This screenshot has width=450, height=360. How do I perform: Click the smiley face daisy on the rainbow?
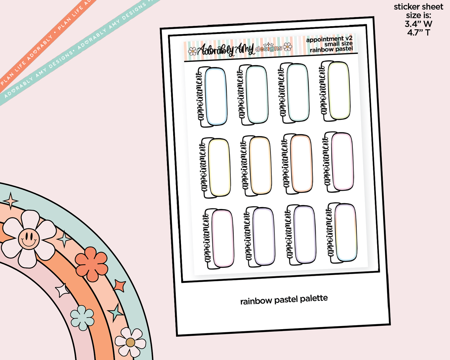click(x=29, y=239)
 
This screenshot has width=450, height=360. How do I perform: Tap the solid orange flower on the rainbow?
click(x=91, y=264)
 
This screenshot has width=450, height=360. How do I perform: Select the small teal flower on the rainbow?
click(x=82, y=318)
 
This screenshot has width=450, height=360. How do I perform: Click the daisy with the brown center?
click(x=130, y=342)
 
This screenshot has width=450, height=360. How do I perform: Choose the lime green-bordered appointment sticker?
click(x=339, y=91)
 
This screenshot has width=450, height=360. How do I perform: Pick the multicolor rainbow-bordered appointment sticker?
click(x=346, y=233)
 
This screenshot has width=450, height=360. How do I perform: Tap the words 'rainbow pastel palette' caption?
click(x=284, y=300)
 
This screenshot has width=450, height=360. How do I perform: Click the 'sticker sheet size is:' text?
click(x=418, y=11)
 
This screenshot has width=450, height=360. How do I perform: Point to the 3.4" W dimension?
click(x=418, y=24)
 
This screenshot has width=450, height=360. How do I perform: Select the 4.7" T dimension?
click(x=418, y=32)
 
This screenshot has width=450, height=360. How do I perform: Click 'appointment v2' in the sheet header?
click(x=329, y=39)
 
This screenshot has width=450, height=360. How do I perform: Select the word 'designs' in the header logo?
click(x=269, y=48)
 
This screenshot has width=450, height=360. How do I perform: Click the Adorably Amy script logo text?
click(x=226, y=50)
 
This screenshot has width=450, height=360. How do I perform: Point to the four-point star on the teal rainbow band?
click(x=11, y=201)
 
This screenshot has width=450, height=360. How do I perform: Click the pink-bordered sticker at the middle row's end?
click(x=342, y=161)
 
